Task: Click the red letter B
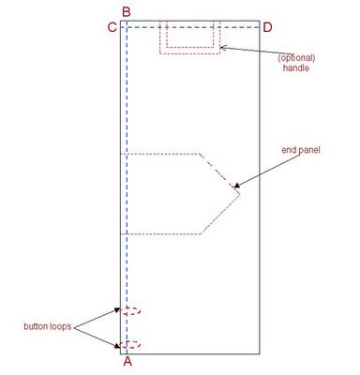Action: click(126, 10)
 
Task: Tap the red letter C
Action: click(112, 27)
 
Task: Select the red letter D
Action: click(267, 27)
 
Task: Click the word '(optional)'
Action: click(299, 58)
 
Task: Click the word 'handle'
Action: click(295, 69)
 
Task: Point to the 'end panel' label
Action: click(301, 150)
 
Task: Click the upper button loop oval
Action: click(130, 311)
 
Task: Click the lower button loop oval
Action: click(130, 344)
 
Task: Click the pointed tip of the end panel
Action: click(240, 193)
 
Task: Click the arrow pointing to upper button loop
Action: click(96, 318)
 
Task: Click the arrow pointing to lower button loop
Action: click(96, 336)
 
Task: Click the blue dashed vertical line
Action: click(126, 187)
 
